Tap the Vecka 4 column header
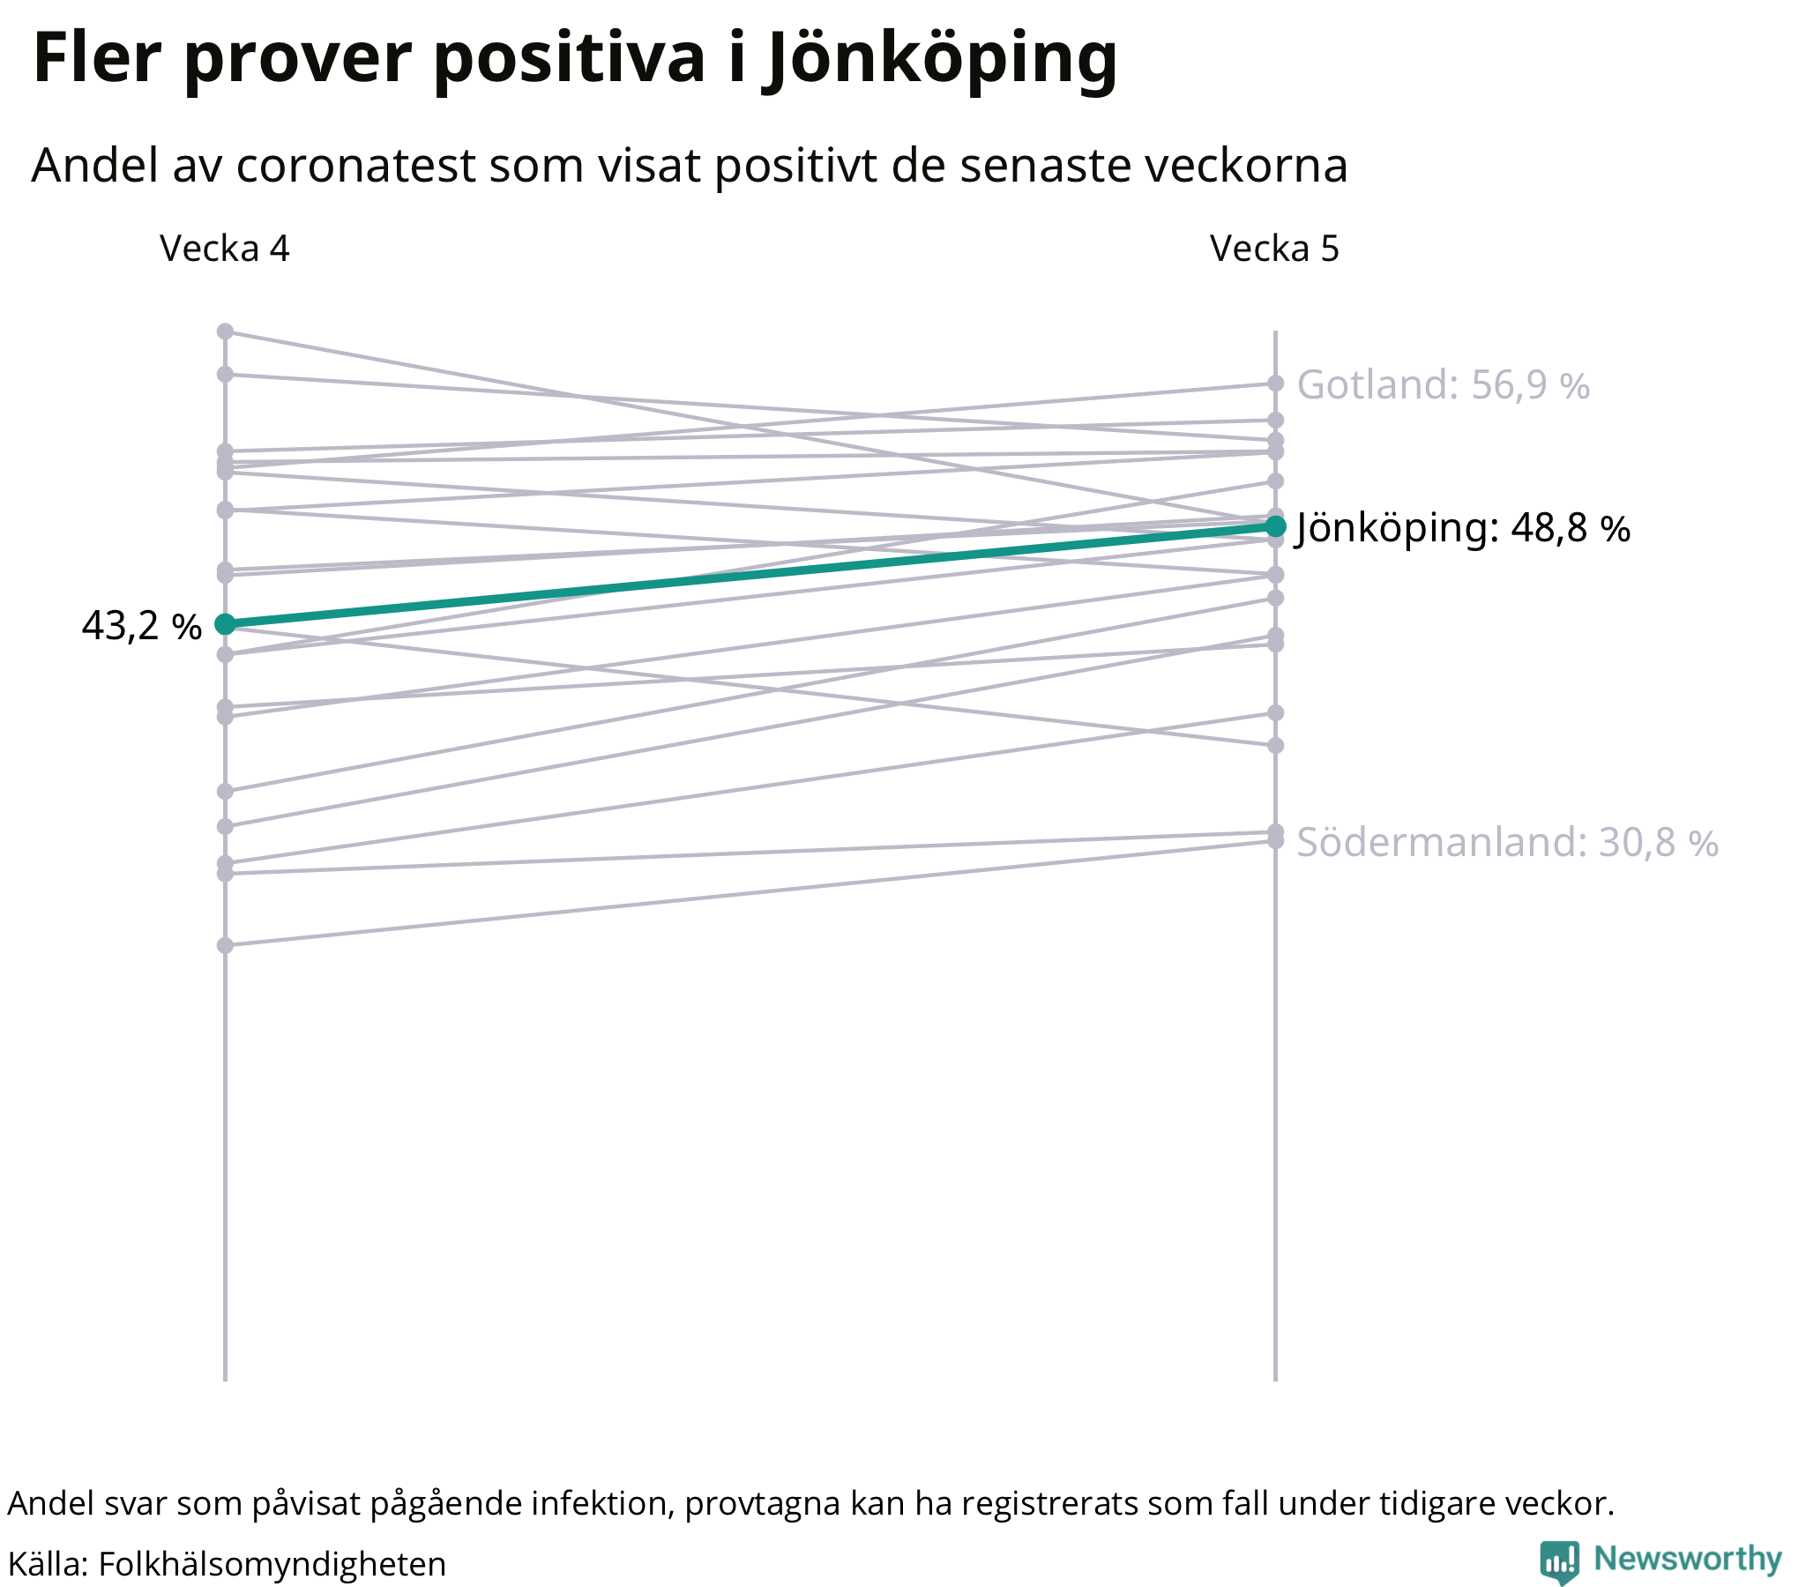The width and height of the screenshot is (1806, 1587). click(x=224, y=250)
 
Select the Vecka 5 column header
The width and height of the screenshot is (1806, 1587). click(x=1274, y=250)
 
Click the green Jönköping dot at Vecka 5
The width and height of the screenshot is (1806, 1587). click(x=1275, y=526)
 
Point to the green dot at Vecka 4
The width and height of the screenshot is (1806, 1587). click(x=225, y=625)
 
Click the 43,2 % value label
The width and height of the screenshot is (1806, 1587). click(x=141, y=627)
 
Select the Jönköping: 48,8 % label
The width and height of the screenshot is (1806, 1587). click(x=1462, y=528)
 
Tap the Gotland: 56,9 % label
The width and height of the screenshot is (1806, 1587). click(x=1443, y=385)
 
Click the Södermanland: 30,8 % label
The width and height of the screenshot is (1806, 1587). click(x=1506, y=843)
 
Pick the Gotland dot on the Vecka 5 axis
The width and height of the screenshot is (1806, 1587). click(x=1275, y=384)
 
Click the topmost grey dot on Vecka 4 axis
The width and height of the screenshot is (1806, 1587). click(x=225, y=332)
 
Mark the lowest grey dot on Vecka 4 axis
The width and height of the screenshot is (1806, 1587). click(x=225, y=945)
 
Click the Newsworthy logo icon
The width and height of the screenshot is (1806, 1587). click(x=1559, y=1561)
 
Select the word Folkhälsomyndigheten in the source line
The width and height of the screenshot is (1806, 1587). click(x=272, y=1564)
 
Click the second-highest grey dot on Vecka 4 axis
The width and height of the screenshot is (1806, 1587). click(x=225, y=375)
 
